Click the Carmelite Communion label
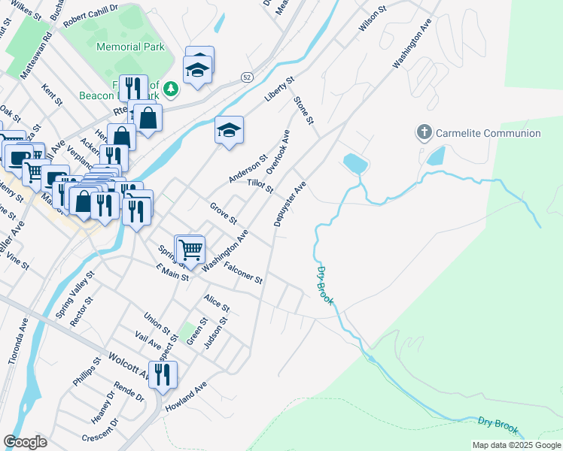click(x=488, y=133)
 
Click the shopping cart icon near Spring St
click(x=190, y=248)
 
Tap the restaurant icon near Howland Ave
click(x=163, y=374)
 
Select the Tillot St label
click(x=259, y=185)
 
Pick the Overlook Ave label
click(x=278, y=151)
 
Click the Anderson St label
click(x=248, y=170)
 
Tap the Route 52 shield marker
click(x=246, y=77)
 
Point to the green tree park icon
click(x=172, y=89)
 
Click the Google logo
click(x=25, y=442)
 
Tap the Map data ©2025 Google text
click(x=516, y=445)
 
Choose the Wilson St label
click(x=372, y=19)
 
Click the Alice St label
click(x=216, y=302)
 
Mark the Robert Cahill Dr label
click(x=90, y=16)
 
